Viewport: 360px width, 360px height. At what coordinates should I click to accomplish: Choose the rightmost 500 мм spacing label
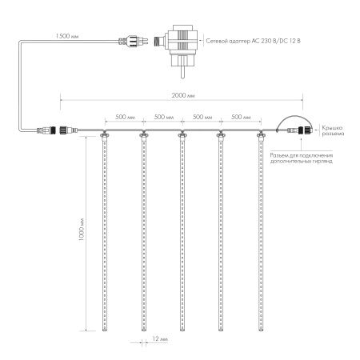click(x=241, y=117)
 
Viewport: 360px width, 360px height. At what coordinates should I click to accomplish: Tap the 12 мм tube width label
click(x=158, y=339)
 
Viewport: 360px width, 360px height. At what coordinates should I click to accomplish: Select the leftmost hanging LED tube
click(x=104, y=232)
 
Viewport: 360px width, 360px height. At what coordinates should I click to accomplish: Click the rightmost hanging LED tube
click(x=261, y=232)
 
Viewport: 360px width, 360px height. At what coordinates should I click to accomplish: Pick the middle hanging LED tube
click(x=182, y=232)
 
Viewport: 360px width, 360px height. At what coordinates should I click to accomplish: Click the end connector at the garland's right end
click(x=302, y=132)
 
